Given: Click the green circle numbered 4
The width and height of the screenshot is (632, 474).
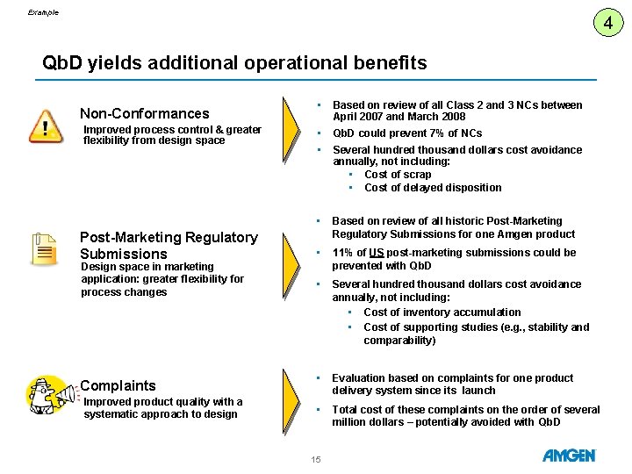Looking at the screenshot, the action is (608, 22).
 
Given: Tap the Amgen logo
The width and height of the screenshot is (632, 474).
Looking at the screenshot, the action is (569, 456).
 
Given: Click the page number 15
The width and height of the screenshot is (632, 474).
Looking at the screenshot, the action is (316, 459).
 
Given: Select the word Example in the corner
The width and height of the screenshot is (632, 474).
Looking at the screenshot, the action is (43, 12).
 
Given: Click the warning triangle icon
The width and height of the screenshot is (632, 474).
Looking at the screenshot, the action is (46, 126).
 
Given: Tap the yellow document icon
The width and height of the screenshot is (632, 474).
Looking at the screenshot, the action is (44, 248).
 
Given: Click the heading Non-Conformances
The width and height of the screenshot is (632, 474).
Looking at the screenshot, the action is (145, 113).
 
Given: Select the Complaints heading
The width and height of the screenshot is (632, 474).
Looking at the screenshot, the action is (118, 385).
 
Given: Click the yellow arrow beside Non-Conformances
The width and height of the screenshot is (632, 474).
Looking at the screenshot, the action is (291, 130).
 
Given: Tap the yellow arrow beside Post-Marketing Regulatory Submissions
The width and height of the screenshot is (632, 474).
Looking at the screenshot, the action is (291, 266).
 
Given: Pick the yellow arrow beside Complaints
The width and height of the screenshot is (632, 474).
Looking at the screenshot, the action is (291, 402).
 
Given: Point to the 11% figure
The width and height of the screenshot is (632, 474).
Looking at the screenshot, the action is (342, 253).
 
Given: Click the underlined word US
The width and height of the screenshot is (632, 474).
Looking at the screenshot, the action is (376, 253).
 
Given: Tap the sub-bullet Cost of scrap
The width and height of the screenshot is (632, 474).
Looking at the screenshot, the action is (398, 175).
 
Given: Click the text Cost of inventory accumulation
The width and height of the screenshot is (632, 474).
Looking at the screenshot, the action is (442, 312).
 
